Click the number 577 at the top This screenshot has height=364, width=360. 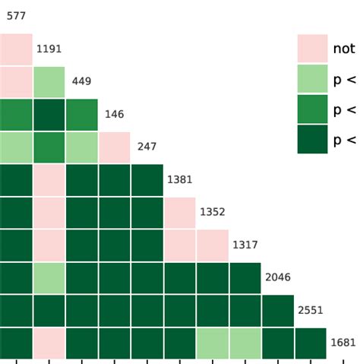(x=16, y=16)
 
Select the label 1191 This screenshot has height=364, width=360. (x=49, y=49)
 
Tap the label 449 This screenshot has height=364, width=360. (x=81, y=81)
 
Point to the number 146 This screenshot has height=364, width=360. (x=114, y=114)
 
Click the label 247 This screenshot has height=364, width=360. (x=147, y=147)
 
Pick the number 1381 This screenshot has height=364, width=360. (x=180, y=180)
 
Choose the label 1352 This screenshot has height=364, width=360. (x=212, y=213)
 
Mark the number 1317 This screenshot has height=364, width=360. (x=245, y=245)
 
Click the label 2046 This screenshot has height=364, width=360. (x=277, y=277)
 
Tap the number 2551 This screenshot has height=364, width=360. (x=310, y=310)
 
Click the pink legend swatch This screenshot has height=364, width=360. (x=312, y=49)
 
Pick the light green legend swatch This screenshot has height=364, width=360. (x=312, y=79)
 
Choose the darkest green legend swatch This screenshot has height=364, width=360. (x=312, y=139)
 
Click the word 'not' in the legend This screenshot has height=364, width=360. (x=343, y=49)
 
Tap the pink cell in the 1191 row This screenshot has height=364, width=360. (x=16, y=49)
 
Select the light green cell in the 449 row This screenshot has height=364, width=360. (x=49, y=82)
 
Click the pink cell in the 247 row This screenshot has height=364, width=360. (x=114, y=147)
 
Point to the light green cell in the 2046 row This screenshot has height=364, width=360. (x=49, y=278)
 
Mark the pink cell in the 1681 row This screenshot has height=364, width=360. (x=49, y=343)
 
